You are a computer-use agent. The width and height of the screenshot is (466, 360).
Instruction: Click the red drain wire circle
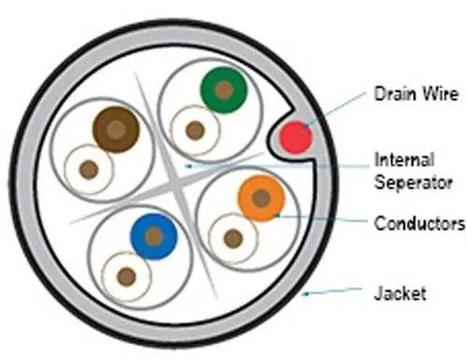(x=296, y=136)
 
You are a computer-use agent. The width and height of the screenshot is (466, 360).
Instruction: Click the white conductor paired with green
(x=194, y=130)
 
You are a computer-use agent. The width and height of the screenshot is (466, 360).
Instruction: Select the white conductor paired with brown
(x=89, y=170)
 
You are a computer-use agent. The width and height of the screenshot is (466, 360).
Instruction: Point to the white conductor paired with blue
(x=127, y=276)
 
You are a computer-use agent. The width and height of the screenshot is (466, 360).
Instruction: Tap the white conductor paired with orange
(x=233, y=238)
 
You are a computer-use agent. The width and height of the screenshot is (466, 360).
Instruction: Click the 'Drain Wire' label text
(x=416, y=94)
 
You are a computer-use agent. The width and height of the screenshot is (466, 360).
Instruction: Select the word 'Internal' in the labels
(x=404, y=160)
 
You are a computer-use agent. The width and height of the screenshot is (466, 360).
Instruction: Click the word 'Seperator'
(x=414, y=182)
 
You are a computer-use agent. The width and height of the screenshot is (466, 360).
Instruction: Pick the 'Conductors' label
(x=419, y=222)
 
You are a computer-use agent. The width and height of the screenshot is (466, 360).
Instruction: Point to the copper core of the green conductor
(x=224, y=90)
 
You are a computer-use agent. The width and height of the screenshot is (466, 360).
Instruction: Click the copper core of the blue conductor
(x=154, y=237)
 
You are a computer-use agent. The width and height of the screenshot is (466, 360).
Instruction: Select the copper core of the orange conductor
(x=261, y=197)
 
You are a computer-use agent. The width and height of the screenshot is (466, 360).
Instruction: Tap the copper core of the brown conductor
(x=116, y=130)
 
